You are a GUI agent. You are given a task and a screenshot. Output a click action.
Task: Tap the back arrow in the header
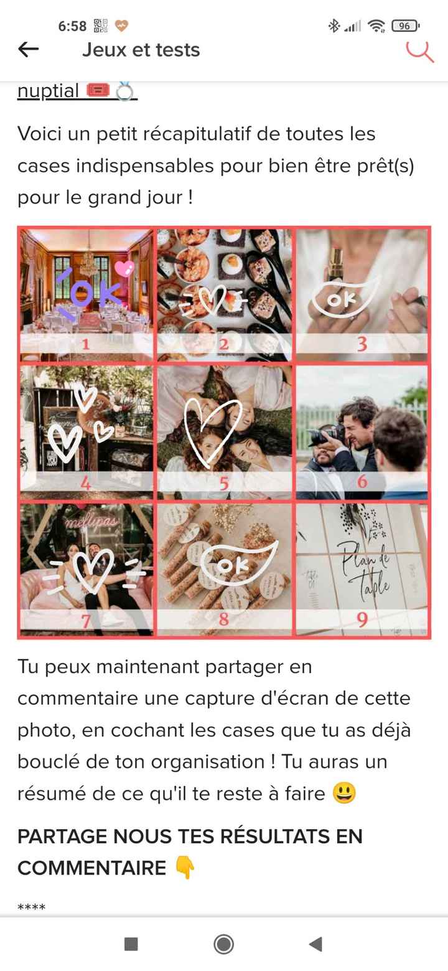pos(29,50)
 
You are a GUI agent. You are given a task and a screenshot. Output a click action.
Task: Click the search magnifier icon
pos(421,50)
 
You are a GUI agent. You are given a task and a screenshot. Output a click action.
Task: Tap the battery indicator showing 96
pos(405,26)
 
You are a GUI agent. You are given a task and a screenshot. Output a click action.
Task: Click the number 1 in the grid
pos(85,344)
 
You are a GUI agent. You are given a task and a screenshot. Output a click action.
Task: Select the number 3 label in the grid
pos(362,344)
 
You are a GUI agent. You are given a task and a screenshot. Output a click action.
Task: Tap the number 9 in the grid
pos(362,619)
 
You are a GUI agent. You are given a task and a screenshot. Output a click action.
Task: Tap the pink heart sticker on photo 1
pos(124,269)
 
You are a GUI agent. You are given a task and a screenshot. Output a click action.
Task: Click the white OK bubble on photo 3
pos(343,299)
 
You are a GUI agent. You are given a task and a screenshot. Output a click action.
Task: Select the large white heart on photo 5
pos(212,429)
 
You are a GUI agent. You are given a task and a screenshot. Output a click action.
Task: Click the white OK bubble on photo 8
pos(236,563)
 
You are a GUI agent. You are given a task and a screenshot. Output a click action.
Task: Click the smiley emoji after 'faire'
pos(344,794)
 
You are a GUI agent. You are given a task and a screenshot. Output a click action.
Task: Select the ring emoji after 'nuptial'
pos(124,91)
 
